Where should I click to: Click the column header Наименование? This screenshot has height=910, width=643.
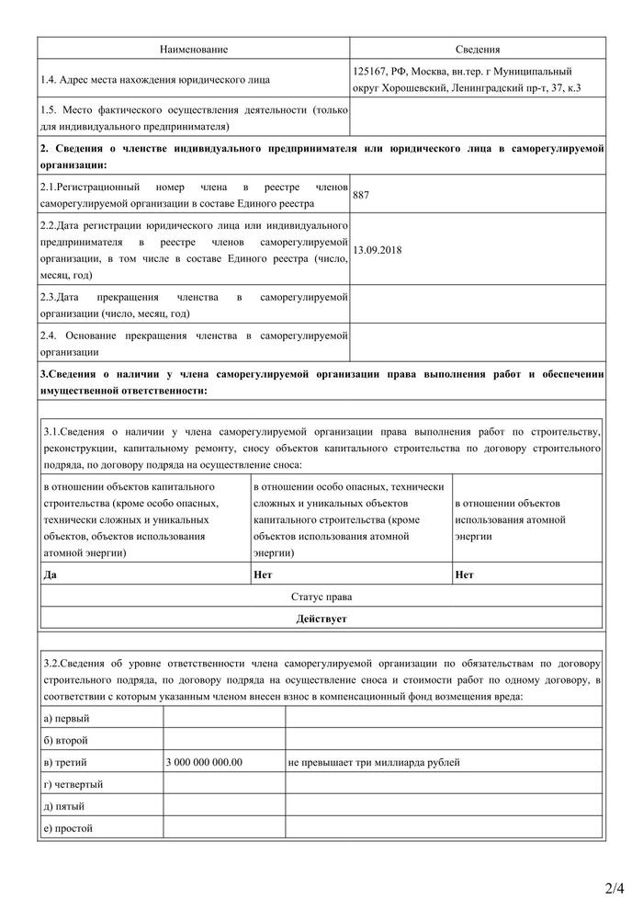[x=193, y=48]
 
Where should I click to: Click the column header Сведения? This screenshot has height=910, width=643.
[x=478, y=48]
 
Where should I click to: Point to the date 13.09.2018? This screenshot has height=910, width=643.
[x=377, y=250]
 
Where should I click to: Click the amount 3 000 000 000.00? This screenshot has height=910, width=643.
[x=205, y=762]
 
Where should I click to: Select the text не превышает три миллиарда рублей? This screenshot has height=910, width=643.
[x=373, y=762]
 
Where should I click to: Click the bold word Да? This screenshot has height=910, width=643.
[x=50, y=575]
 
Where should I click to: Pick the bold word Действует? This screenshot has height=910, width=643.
[x=321, y=620]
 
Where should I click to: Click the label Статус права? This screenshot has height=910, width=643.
[x=321, y=597]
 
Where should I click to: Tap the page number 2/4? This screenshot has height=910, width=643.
[x=615, y=888]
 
